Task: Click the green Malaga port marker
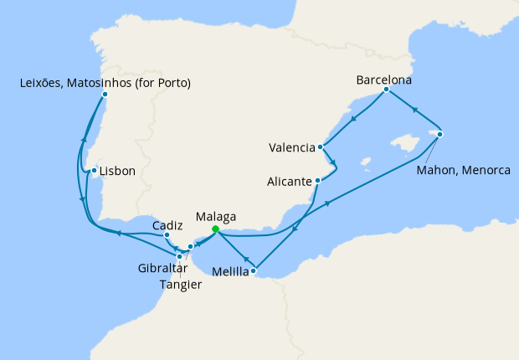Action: [215, 229]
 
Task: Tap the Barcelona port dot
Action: [386, 90]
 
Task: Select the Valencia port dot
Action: [321, 147]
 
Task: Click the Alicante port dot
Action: [317, 180]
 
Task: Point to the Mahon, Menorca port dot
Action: [439, 134]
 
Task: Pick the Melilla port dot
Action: [253, 270]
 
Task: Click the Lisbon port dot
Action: [95, 171]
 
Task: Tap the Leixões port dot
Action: [105, 94]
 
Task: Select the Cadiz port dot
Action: [167, 237]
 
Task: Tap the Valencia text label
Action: [292, 148]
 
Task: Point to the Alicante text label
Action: [290, 181]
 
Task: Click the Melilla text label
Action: [230, 271]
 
